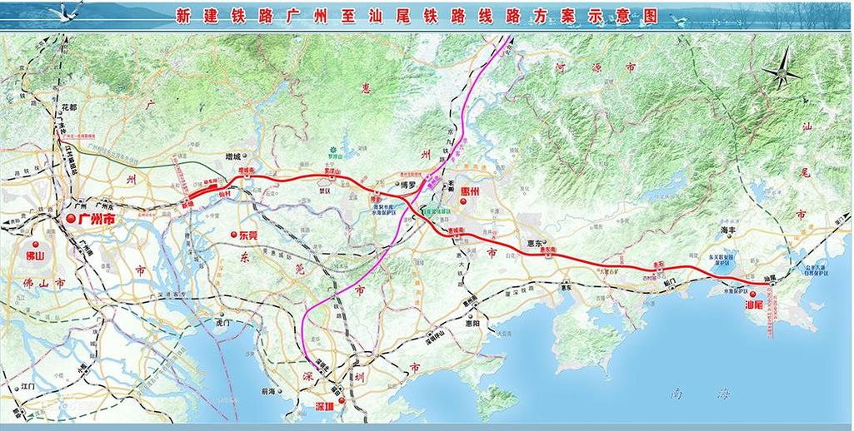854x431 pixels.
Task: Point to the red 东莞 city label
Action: [x=250, y=235]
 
